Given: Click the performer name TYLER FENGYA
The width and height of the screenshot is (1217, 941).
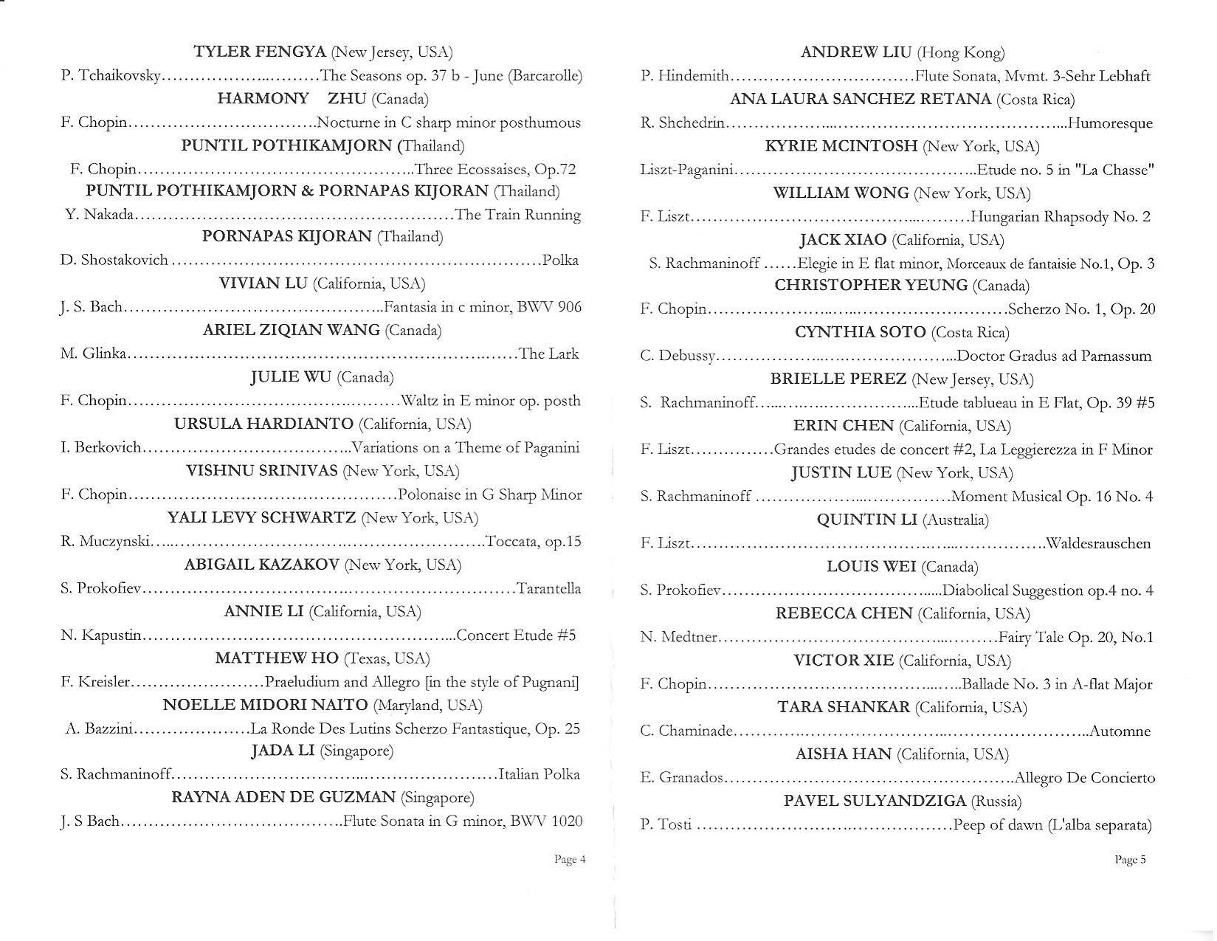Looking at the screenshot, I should pyautogui.click(x=259, y=52).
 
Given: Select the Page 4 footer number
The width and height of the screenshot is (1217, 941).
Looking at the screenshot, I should pyautogui.click(x=570, y=859).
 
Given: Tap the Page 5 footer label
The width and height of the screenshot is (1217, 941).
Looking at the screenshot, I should pyautogui.click(x=1130, y=859).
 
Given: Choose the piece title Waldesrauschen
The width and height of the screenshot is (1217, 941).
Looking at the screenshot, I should pyautogui.click(x=1098, y=544).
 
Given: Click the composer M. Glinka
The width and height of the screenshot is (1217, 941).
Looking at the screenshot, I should pyautogui.click(x=94, y=354).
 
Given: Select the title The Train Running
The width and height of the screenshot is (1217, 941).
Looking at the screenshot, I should pyautogui.click(x=518, y=215).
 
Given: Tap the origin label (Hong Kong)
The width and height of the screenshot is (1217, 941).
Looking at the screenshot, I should pyautogui.click(x=960, y=52).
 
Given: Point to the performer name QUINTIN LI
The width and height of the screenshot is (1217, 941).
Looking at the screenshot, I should pyautogui.click(x=866, y=520).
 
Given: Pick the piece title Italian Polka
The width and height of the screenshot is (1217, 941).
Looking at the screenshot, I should pyautogui.click(x=539, y=774).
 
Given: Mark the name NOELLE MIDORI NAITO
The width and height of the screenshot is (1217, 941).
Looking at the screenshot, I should pyautogui.click(x=265, y=705).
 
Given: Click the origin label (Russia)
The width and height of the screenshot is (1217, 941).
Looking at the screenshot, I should pyautogui.click(x=996, y=802).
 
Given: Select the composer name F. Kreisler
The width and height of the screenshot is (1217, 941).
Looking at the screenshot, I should pyautogui.click(x=95, y=682).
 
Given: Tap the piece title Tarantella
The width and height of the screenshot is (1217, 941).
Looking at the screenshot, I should pyautogui.click(x=549, y=589).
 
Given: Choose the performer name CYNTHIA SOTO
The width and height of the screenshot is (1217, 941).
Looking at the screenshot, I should pyautogui.click(x=860, y=332).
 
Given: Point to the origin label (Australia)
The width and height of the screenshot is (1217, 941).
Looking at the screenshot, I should pyautogui.click(x=956, y=520).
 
